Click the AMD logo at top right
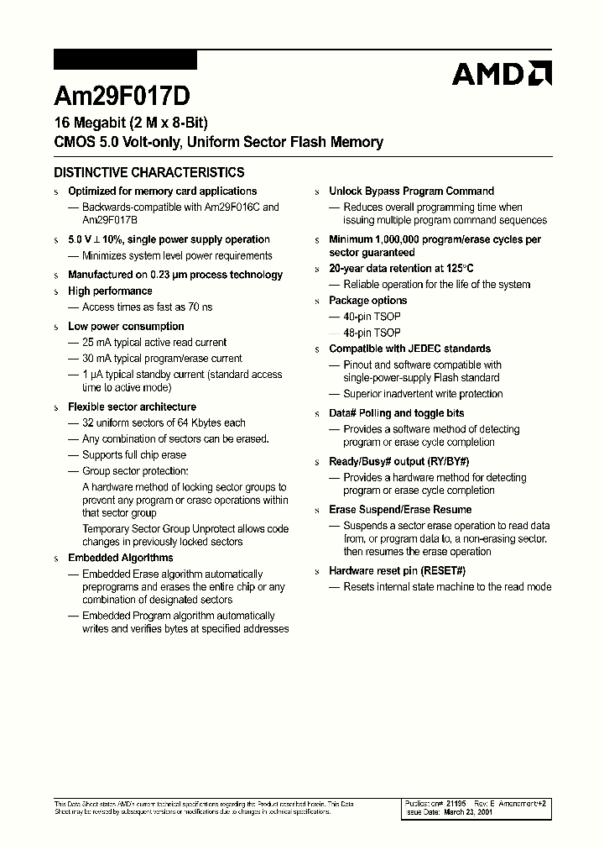point(501,74)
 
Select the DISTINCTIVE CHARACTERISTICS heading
point(149,172)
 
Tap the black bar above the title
point(125,60)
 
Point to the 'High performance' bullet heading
point(110,291)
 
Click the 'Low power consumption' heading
point(126,327)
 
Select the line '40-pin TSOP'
point(372,317)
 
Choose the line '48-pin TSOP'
point(372,333)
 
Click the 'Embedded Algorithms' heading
point(120,558)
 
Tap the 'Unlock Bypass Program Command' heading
point(411,192)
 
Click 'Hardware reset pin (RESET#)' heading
point(397,571)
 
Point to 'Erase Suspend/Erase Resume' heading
point(400,510)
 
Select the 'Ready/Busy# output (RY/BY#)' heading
point(398,462)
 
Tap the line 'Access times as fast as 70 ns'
point(147,307)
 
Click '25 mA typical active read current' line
point(154,343)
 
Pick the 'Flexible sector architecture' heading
point(132,407)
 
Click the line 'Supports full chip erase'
point(133,455)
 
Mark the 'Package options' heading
point(367,301)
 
